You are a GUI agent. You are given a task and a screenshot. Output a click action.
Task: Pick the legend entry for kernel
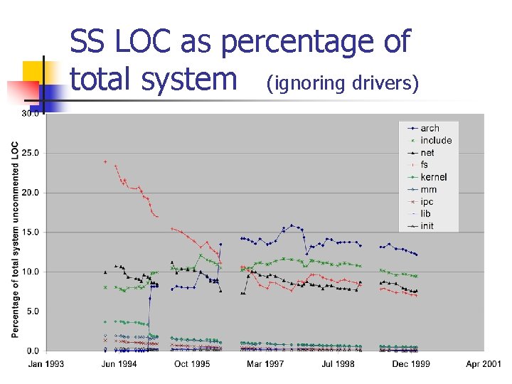(433, 177)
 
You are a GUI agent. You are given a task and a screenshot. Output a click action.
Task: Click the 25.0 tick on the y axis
(30, 153)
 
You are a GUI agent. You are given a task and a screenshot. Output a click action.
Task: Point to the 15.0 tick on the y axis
(30, 232)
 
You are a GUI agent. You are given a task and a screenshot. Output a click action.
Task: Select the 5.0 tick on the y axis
(32, 311)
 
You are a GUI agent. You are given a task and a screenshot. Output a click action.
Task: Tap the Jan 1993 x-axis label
(46, 364)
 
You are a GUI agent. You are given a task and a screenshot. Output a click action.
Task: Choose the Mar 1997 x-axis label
(265, 364)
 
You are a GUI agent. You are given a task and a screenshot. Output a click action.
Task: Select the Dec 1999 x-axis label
(411, 364)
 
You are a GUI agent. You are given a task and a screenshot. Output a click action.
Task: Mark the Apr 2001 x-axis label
(484, 364)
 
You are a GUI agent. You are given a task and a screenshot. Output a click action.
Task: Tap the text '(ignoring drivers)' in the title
(342, 84)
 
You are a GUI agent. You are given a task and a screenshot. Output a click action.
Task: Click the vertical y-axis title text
(15, 239)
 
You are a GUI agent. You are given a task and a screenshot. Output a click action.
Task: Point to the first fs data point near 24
(105, 161)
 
